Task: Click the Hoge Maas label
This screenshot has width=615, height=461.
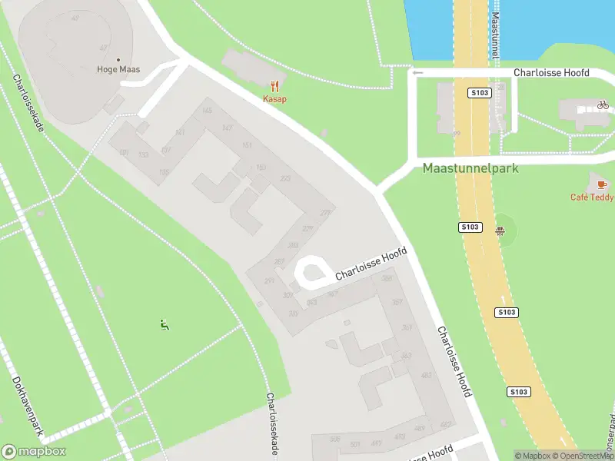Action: pyautogui.click(x=118, y=70)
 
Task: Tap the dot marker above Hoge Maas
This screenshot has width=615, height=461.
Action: pyautogui.click(x=118, y=59)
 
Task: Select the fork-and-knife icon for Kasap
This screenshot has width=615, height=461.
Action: pyautogui.click(x=274, y=87)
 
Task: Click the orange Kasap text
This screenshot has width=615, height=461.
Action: pyautogui.click(x=274, y=99)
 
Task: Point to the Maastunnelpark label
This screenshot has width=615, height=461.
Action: pyautogui.click(x=471, y=168)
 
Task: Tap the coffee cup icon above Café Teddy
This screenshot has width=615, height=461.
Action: pyautogui.click(x=601, y=184)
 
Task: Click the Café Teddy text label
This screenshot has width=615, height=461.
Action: pyautogui.click(x=590, y=197)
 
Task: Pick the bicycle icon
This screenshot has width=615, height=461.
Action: pyautogui.click(x=603, y=104)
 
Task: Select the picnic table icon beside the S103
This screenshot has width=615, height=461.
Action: pyautogui.click(x=500, y=228)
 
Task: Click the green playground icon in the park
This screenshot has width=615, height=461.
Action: pyautogui.click(x=164, y=325)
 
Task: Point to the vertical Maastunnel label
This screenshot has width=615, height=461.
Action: pyautogui.click(x=496, y=36)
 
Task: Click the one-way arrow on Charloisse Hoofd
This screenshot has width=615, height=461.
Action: pyautogui.click(x=417, y=73)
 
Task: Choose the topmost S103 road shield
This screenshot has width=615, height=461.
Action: pyautogui.click(x=480, y=93)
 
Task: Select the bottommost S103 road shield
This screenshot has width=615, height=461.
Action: pyautogui.click(x=519, y=392)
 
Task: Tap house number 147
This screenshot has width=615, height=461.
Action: pyautogui.click(x=226, y=128)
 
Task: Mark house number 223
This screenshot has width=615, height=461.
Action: pyautogui.click(x=285, y=179)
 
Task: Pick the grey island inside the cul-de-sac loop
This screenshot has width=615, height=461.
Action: pyautogui.click(x=311, y=272)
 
